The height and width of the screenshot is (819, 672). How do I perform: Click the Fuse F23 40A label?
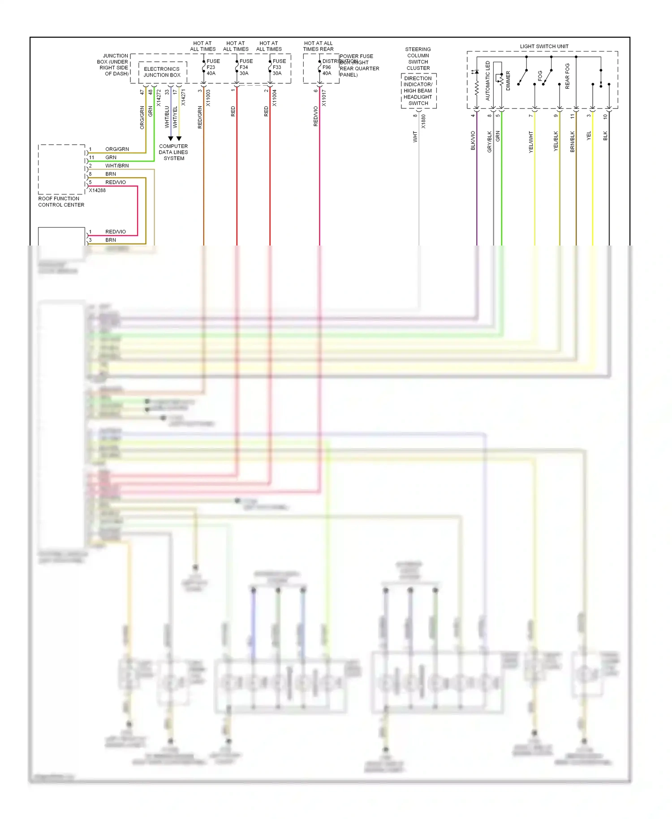[212, 67]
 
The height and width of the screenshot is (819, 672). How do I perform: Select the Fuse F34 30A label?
[246, 67]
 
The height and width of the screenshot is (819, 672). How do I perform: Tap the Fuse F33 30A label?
[279, 67]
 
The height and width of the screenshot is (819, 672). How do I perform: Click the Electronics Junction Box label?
[162, 72]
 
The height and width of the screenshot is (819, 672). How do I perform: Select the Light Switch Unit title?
[544, 47]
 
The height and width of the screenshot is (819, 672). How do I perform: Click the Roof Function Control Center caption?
[61, 202]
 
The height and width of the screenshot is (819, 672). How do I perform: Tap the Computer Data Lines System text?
[173, 152]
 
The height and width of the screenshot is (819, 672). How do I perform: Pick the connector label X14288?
[97, 190]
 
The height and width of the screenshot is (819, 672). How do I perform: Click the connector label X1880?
[423, 121]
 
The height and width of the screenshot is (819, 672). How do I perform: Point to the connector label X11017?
[324, 98]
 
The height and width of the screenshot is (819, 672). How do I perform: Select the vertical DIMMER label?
[508, 81]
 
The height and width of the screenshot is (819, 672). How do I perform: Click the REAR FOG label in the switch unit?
[567, 76]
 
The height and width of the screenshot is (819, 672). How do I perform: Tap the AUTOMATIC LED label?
[488, 81]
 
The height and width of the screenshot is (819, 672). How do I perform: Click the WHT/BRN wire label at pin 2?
[117, 166]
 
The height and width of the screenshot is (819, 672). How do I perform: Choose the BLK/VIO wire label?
[473, 140]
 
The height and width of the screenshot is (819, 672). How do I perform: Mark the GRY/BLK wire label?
[489, 142]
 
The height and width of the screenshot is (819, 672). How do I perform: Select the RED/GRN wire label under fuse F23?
[200, 117]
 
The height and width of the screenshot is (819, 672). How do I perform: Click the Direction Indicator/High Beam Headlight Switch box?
[418, 91]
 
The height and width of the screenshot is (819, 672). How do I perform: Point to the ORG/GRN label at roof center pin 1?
[117, 149]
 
